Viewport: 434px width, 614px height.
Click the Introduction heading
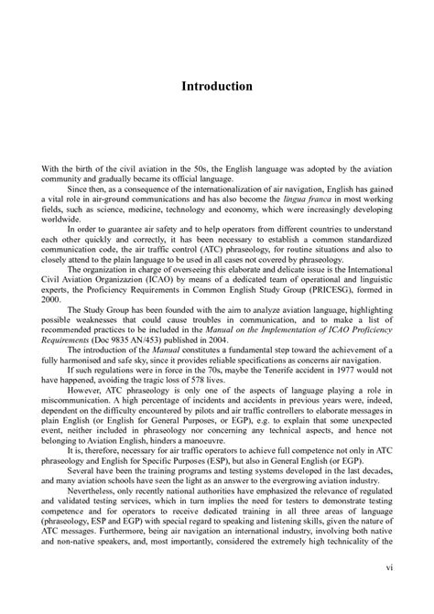(x=216, y=85)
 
